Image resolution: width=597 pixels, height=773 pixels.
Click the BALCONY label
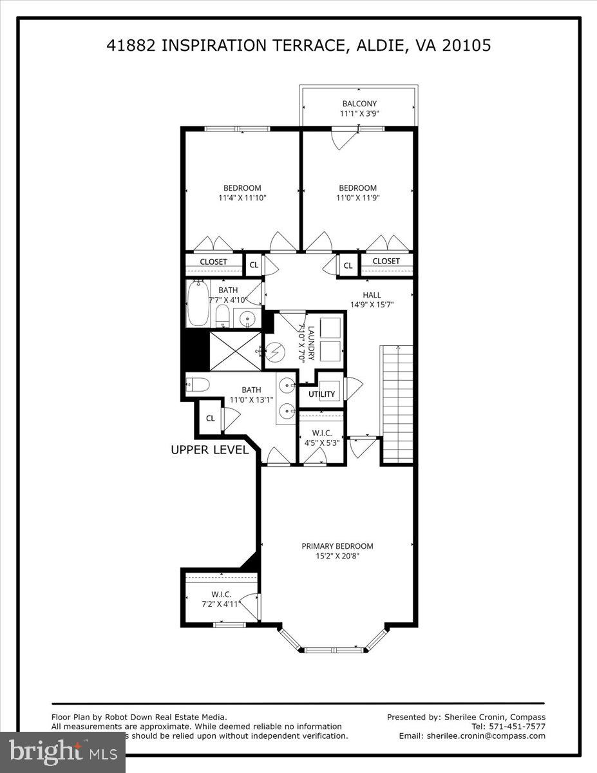(x=359, y=104)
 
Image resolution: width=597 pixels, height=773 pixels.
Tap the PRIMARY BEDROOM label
(x=337, y=546)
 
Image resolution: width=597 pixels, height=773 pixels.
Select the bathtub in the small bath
(x=198, y=303)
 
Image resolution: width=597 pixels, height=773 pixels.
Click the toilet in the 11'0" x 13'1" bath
(x=198, y=385)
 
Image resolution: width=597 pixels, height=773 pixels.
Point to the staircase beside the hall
(x=397, y=404)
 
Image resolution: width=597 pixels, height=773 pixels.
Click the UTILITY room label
(x=321, y=394)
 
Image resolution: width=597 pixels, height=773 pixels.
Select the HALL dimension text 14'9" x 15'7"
(x=372, y=305)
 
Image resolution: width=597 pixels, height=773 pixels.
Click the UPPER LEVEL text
(x=209, y=450)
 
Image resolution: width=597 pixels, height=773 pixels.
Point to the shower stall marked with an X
(x=236, y=351)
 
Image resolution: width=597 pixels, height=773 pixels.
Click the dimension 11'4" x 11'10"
(x=242, y=198)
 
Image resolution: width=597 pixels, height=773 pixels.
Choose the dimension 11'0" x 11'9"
(x=357, y=198)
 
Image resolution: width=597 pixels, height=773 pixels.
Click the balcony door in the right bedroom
(x=345, y=138)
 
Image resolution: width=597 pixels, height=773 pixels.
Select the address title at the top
(x=298, y=45)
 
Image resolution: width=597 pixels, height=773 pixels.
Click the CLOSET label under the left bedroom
(x=213, y=262)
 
